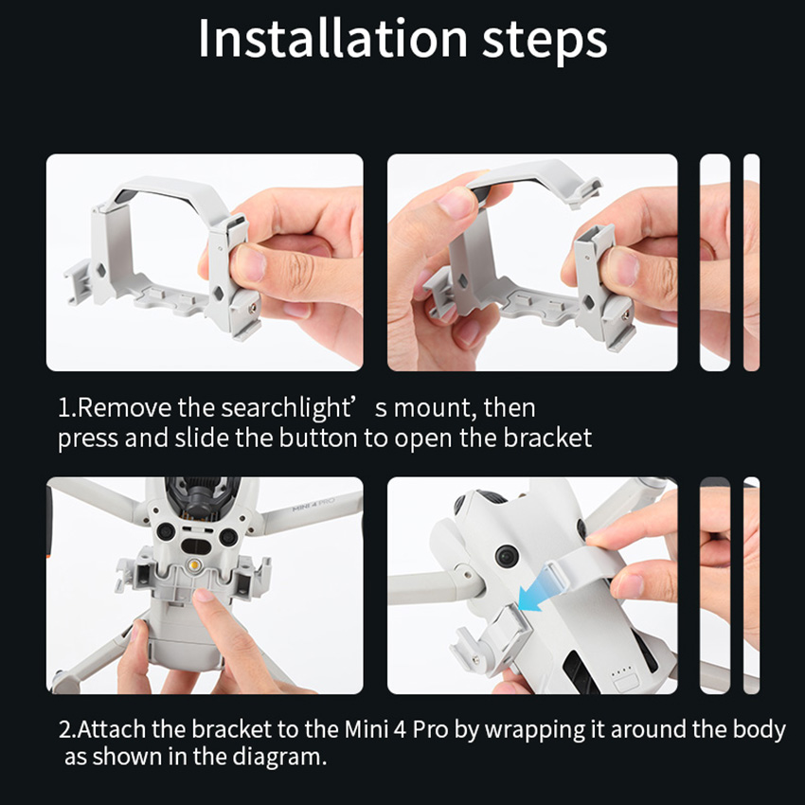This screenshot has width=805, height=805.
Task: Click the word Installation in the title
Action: [x=332, y=39]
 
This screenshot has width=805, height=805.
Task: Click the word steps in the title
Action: [x=545, y=41]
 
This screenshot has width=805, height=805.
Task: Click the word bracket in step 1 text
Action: [x=547, y=438]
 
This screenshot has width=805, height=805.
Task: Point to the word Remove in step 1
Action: [x=125, y=408]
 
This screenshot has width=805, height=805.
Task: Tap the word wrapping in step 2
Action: [x=535, y=730]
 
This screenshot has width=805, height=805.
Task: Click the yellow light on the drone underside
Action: [x=194, y=563]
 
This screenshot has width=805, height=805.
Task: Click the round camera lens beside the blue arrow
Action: [x=507, y=556]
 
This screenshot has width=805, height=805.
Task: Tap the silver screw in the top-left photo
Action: [x=252, y=308]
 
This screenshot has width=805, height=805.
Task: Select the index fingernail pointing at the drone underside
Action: [x=204, y=595]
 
